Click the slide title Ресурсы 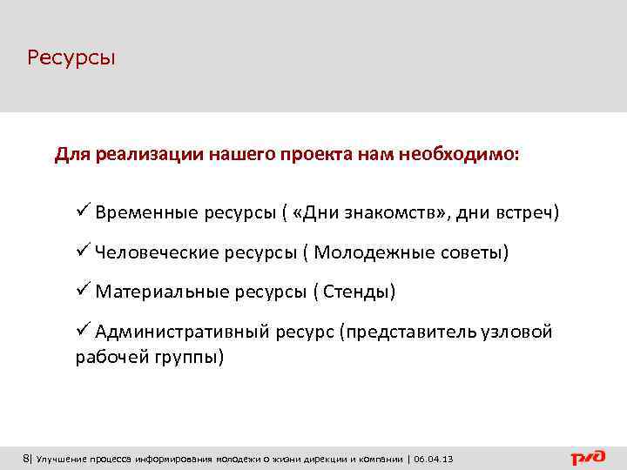[x=71, y=58]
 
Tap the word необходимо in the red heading [x=470, y=155]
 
